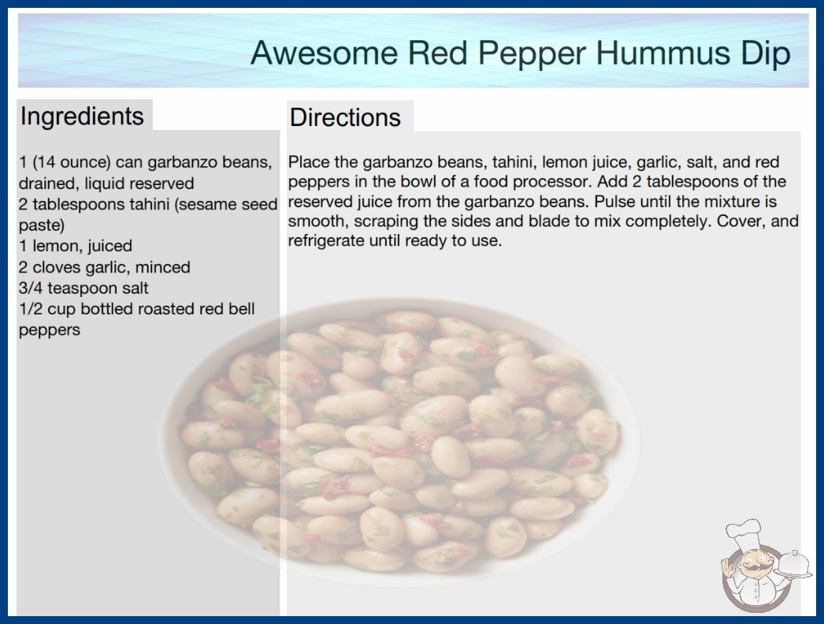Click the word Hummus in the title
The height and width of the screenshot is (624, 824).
pos(664,53)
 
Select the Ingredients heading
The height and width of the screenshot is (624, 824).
pos(82,117)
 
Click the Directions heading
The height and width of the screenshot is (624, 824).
pos(345,117)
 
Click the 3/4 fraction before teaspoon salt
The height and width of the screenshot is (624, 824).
pos(31,288)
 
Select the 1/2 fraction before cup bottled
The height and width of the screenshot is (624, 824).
pos(31,309)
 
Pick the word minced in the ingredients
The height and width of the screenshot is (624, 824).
pos(163,267)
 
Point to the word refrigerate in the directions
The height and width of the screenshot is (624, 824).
pos(326,241)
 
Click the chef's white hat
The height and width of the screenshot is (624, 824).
pos(743,532)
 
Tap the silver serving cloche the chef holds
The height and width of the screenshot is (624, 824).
pos(794,564)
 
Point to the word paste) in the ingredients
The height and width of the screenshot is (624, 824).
pos(42,225)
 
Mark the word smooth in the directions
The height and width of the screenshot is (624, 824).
pos(317,221)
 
